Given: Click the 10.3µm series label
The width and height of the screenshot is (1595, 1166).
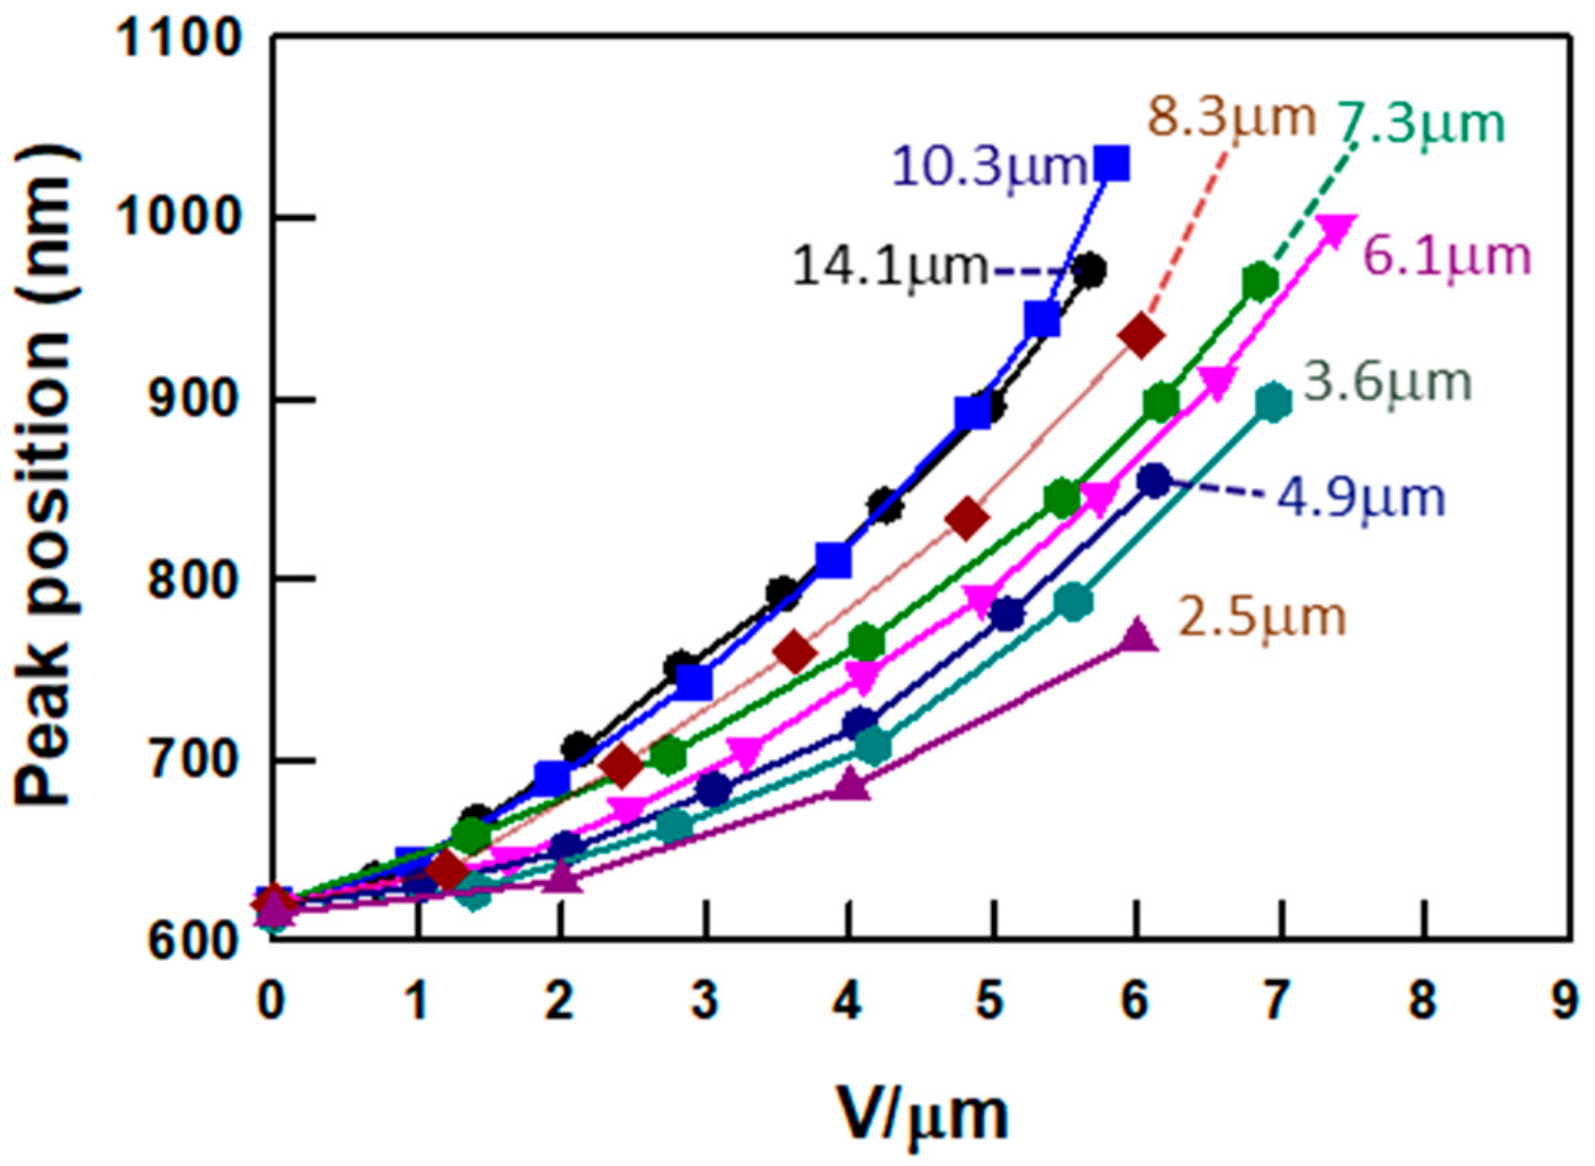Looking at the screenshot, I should [990, 168].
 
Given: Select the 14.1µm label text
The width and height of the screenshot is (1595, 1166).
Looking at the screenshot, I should [891, 267].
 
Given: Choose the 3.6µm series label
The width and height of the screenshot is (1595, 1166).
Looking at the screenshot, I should [1388, 382].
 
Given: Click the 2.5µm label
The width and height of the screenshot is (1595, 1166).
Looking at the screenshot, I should [1262, 618].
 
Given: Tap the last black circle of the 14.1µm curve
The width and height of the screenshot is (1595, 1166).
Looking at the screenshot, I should [1090, 271].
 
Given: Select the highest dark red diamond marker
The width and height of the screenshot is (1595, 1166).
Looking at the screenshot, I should [1141, 337].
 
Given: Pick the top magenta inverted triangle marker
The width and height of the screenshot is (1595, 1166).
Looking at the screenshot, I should [1337, 230].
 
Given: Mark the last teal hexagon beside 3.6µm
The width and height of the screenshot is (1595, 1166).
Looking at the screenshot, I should [1273, 402].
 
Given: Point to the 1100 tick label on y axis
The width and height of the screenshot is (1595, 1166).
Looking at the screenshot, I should [178, 38].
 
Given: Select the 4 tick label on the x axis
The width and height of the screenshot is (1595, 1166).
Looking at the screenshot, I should [848, 1000].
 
